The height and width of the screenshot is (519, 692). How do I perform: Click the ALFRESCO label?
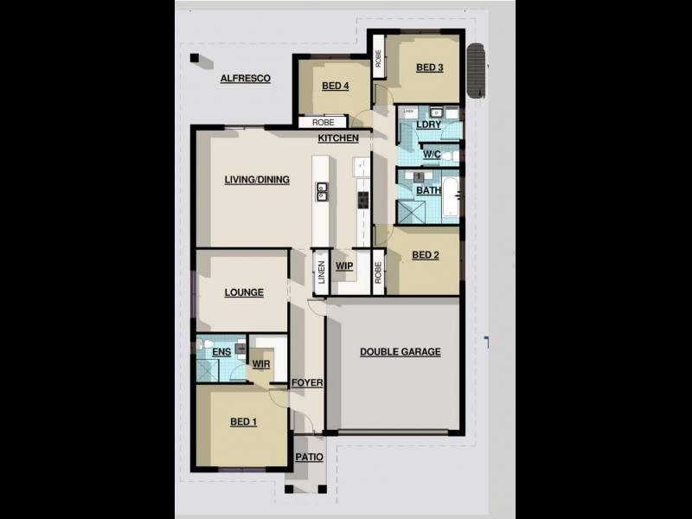pos(245,79)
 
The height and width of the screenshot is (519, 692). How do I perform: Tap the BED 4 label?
pos(335,86)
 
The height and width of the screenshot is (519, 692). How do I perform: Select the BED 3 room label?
pos(429,68)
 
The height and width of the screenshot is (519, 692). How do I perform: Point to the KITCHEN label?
pos(337,138)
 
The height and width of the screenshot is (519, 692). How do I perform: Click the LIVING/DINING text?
pos(256,180)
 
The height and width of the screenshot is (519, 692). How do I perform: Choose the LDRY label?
pos(428,125)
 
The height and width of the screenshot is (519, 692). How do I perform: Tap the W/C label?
pos(432,155)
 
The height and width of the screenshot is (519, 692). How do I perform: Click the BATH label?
pos(428,190)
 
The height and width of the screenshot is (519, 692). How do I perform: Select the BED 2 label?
pos(425,255)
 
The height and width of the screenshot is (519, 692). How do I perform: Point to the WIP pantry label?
pos(344,266)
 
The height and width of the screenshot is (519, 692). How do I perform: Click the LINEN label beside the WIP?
pos(320,272)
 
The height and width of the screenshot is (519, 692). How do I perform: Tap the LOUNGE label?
pos(244,293)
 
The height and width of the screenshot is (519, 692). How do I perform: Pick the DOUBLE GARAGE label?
pos(400,352)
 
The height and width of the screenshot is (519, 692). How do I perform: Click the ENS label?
pos(221,352)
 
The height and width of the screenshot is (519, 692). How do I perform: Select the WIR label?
pos(261,364)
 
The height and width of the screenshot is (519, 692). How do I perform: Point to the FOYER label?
pos(307,382)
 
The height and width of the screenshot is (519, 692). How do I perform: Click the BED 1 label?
pos(243,422)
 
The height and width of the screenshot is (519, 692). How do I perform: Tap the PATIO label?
pos(309,458)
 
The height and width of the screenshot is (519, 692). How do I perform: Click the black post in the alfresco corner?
pos(195,59)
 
